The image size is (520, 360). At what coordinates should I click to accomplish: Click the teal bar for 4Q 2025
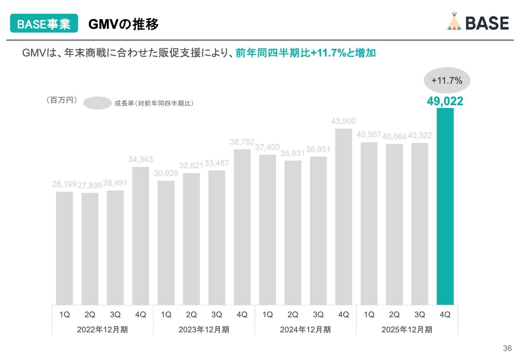click(445, 206)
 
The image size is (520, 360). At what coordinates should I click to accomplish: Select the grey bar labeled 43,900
click(343, 217)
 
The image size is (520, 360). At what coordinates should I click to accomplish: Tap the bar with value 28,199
click(64, 248)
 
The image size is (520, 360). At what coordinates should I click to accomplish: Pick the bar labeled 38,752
click(242, 227)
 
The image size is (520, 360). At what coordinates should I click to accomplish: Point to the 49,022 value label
click(445, 101)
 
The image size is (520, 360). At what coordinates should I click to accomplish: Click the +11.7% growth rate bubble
click(447, 80)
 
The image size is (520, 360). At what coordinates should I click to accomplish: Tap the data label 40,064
click(394, 136)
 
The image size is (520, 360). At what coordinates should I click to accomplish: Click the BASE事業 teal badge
click(44, 24)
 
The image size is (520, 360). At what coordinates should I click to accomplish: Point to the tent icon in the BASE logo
click(454, 23)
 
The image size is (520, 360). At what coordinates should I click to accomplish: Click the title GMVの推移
click(123, 24)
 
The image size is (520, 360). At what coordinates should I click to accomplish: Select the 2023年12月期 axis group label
click(204, 330)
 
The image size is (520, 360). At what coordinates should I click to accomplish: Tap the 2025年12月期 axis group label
click(407, 330)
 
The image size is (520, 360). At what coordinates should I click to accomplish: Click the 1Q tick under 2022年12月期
click(64, 314)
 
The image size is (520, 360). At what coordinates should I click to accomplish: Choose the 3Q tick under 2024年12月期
click(318, 314)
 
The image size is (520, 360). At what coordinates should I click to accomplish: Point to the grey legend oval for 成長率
click(97, 103)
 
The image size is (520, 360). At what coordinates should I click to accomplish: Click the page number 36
click(507, 348)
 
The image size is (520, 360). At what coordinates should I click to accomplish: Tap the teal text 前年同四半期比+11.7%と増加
click(305, 53)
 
